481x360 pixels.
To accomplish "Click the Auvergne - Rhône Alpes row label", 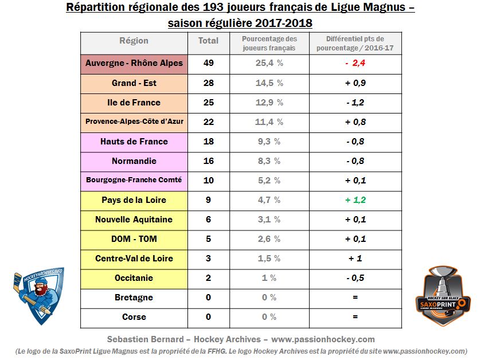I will [x=134, y=63].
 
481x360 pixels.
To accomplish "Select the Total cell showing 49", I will [x=208, y=63].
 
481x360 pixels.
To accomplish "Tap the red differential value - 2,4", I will [x=355, y=63].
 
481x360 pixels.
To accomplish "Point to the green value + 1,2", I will [x=355, y=200].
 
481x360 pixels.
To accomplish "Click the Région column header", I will [x=134, y=41].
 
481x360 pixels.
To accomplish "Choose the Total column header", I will [x=208, y=41].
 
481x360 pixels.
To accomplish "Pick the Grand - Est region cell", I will [x=134, y=83].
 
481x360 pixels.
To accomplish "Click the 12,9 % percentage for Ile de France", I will [x=269, y=103].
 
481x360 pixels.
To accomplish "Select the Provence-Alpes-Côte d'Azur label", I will [x=134, y=122].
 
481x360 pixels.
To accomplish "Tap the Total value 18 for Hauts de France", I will [x=208, y=142].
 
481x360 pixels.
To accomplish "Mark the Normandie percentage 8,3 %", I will [x=269, y=161].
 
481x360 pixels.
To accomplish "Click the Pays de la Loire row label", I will [x=134, y=200].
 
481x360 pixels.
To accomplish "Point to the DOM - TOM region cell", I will [x=134, y=239].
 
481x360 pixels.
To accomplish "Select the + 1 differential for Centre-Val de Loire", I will [x=355, y=259].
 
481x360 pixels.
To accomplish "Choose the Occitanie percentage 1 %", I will [x=269, y=278].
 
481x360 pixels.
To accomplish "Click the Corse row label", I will [x=134, y=317].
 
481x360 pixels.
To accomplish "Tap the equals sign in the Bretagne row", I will [x=355, y=298].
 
